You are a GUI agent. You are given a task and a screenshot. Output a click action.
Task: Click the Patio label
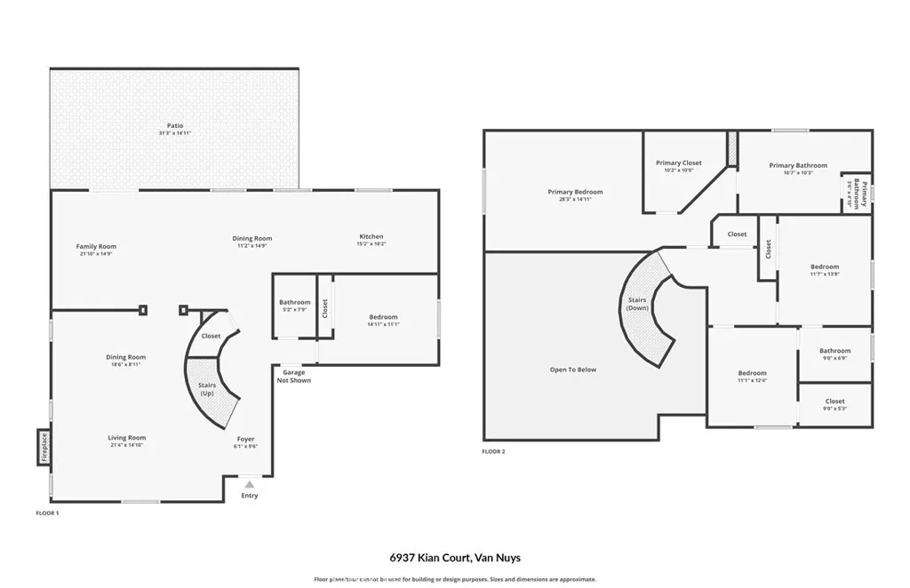point(175,126)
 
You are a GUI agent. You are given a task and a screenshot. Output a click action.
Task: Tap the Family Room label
point(96,247)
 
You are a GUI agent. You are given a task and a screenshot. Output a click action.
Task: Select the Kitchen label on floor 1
point(371,237)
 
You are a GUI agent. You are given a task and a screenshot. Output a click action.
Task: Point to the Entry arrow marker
point(250,485)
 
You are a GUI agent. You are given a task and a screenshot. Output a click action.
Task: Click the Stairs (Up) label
point(207,388)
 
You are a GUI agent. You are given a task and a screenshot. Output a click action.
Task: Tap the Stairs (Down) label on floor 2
point(637,304)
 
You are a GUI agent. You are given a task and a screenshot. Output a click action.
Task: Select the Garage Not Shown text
point(294,376)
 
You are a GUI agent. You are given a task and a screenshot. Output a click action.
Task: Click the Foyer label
point(245,439)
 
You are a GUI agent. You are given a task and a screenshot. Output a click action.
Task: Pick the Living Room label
point(127,438)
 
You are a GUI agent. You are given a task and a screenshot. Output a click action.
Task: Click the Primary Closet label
point(679,163)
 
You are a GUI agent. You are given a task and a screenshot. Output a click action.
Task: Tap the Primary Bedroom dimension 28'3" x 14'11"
point(575,200)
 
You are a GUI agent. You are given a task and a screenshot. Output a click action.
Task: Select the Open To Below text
point(573,369)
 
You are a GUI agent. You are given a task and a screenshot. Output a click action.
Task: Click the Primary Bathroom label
point(798,165)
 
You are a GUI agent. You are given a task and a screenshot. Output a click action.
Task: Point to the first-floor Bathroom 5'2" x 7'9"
point(295,306)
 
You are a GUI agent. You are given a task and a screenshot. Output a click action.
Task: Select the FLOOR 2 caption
point(493,452)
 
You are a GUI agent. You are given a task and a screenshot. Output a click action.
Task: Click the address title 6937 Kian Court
point(454,558)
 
